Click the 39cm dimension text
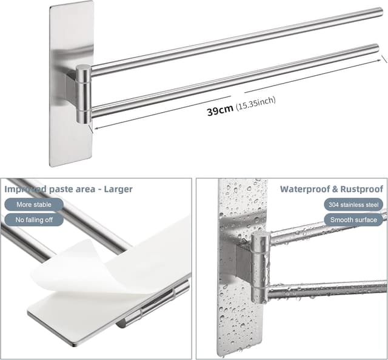(x=220, y=110)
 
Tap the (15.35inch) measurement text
(x=256, y=103)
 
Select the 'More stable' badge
(x=34, y=205)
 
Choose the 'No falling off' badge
(x=34, y=220)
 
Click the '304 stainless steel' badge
(x=353, y=205)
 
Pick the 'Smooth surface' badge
(x=353, y=220)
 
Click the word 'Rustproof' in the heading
(x=362, y=189)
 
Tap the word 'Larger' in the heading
(x=118, y=189)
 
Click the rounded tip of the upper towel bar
(x=380, y=12)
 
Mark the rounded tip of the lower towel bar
(x=376, y=48)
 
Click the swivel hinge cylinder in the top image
(x=84, y=94)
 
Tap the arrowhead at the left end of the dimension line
(x=96, y=128)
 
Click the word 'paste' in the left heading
(x=59, y=190)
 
